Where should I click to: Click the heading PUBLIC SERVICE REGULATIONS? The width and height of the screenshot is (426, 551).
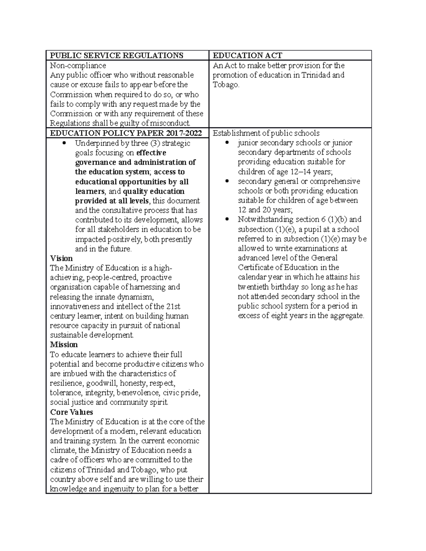[x=116, y=55]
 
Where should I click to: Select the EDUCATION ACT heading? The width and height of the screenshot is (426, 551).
[x=247, y=55]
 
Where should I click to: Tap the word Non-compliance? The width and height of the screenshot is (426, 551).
[x=78, y=66]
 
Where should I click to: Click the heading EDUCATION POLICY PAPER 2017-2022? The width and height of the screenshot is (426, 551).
[x=126, y=133]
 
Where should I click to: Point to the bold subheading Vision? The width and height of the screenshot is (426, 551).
[x=61, y=258]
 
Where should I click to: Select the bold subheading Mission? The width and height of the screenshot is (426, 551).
[x=64, y=345]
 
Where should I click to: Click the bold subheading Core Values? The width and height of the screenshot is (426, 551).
[x=71, y=412]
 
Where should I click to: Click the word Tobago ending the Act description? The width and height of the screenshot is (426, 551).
[x=225, y=85]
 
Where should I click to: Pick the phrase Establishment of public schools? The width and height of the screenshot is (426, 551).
[x=266, y=133]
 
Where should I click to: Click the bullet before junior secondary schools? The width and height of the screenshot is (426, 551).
[x=228, y=143]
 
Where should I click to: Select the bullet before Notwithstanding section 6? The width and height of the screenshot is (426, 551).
[x=228, y=220]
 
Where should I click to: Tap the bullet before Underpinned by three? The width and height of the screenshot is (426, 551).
[x=64, y=143]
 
